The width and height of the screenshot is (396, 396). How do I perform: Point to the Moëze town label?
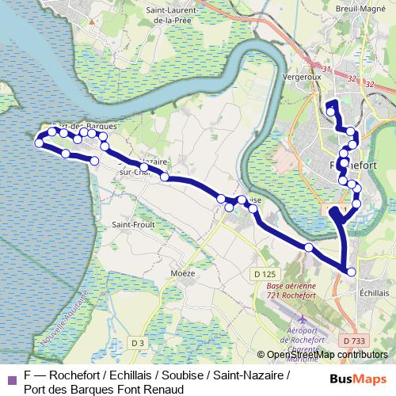click(x=182, y=272)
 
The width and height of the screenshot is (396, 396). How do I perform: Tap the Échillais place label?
click(x=374, y=291)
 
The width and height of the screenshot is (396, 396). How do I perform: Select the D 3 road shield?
click(x=138, y=342)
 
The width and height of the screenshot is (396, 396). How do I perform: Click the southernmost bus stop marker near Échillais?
click(x=351, y=272)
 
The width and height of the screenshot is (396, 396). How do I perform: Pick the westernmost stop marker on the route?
click(x=38, y=143)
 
